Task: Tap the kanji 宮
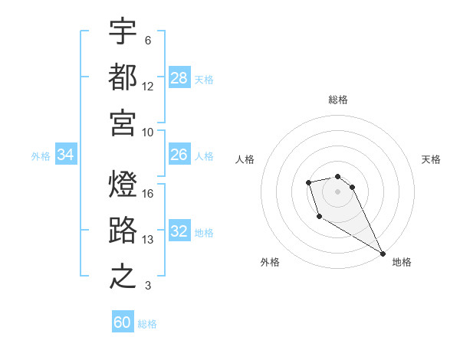click(x=123, y=122)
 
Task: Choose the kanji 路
click(x=123, y=231)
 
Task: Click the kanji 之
click(x=123, y=277)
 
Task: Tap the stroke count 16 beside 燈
click(x=149, y=193)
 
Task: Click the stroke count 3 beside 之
click(x=148, y=286)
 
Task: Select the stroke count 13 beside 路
click(x=149, y=240)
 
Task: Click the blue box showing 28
click(x=179, y=78)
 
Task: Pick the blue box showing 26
click(x=179, y=155)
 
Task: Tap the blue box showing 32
click(x=179, y=231)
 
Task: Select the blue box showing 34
click(x=66, y=155)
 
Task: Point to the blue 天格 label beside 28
click(x=204, y=80)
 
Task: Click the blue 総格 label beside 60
click(x=147, y=324)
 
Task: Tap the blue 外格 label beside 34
click(x=41, y=156)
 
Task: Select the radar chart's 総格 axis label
click(x=338, y=100)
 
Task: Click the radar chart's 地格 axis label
click(x=402, y=262)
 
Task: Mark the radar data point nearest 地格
click(x=383, y=254)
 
